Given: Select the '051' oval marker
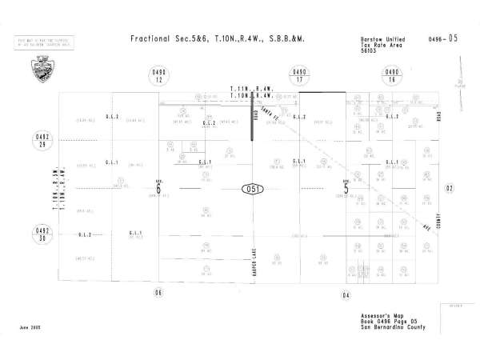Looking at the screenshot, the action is point(253,190).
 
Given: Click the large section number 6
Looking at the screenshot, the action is point(158,190).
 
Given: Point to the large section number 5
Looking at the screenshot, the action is point(346,190).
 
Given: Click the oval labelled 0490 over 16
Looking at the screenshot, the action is point(391,77).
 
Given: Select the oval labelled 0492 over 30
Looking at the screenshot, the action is point(42,234).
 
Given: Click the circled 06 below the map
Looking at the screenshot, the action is point(158,293).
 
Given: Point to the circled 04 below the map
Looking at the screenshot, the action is point(346,295).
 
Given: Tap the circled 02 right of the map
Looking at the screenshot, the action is point(450,188).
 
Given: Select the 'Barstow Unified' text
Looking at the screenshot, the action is point(380,37).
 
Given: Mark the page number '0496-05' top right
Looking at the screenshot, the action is point(443,38).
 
